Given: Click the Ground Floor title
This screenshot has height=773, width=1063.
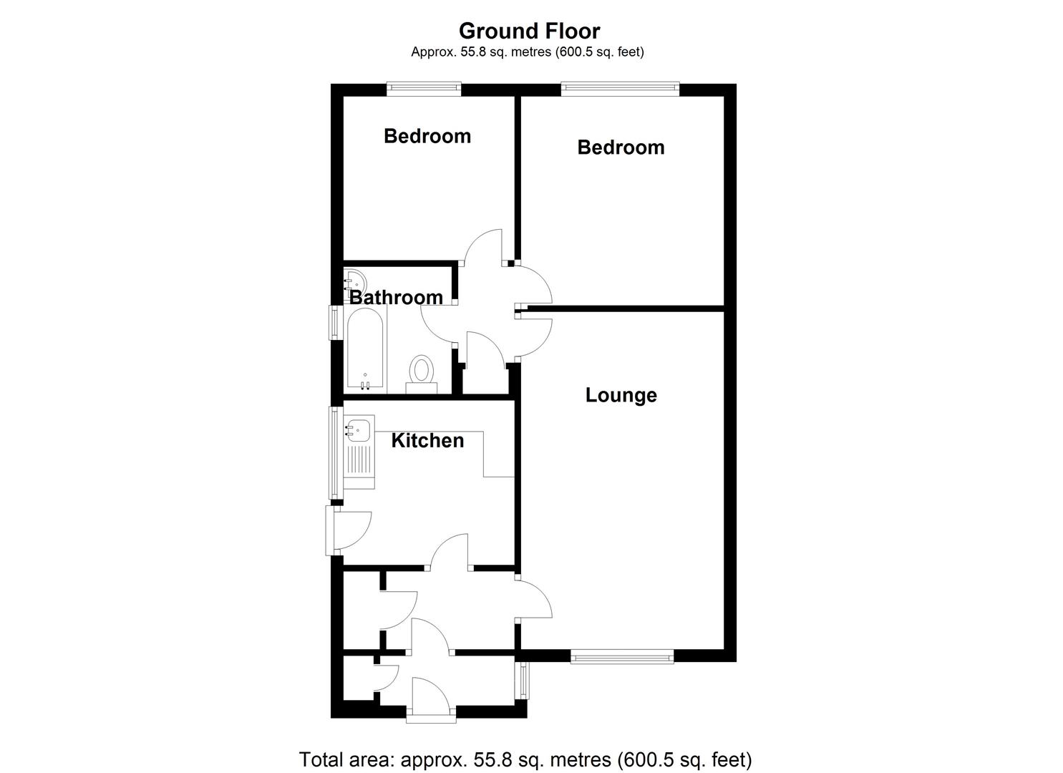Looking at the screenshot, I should pyautogui.click(x=529, y=31).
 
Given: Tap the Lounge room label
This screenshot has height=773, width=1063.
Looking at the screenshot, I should pyautogui.click(x=621, y=395).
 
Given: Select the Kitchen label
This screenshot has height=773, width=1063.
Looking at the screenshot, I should pyautogui.click(x=427, y=440).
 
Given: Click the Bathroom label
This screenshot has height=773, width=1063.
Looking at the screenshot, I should pyautogui.click(x=396, y=297).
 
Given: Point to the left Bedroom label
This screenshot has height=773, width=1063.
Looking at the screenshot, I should pyautogui.click(x=427, y=136).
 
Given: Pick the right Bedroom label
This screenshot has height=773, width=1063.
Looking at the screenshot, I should pyautogui.click(x=621, y=147).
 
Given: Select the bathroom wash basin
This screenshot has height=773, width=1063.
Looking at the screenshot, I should pyautogui.click(x=355, y=279).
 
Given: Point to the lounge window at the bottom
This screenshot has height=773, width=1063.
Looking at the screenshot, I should pyautogui.click(x=621, y=656).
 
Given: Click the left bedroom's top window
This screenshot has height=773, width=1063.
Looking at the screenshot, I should pyautogui.click(x=423, y=89).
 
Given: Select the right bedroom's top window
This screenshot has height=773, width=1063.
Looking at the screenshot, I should pyautogui.click(x=620, y=89).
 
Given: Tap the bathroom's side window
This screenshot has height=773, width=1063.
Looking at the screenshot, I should pyautogui.click(x=334, y=322).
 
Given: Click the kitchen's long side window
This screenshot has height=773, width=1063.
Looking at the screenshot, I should pyautogui.click(x=334, y=452).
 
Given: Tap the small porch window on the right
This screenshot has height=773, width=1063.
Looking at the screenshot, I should pyautogui.click(x=523, y=680).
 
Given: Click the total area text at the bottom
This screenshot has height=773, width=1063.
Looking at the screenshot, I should pyautogui.click(x=525, y=759).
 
